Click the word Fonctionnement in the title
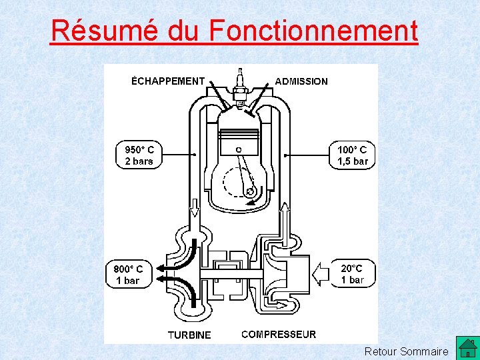click(313, 31)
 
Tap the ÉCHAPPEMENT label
click(168, 81)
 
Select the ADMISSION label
click(301, 81)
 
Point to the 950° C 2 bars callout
click(139, 155)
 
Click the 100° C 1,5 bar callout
click(353, 155)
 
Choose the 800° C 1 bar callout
click(128, 275)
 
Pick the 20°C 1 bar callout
click(353, 274)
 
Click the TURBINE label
click(189, 335)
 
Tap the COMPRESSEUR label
click(279, 334)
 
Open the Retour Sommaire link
click(407, 351)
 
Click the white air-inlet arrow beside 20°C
click(321, 273)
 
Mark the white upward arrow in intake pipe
click(285, 216)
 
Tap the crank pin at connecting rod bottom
click(251, 193)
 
